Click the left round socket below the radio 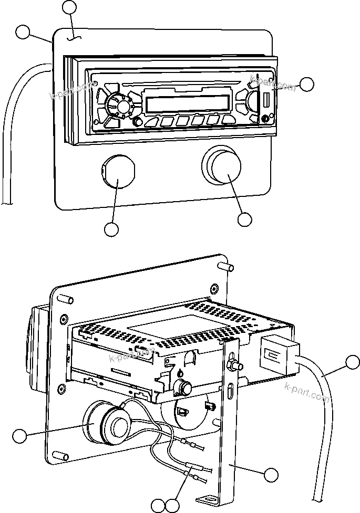pos(118,172)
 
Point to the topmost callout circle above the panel pos(69,7)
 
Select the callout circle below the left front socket pos(111,229)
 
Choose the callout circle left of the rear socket pos(19,435)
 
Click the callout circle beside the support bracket pos(271,475)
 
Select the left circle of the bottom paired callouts pos(158,506)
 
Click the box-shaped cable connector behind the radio pos(278,355)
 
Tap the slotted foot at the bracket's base pos(209,499)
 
